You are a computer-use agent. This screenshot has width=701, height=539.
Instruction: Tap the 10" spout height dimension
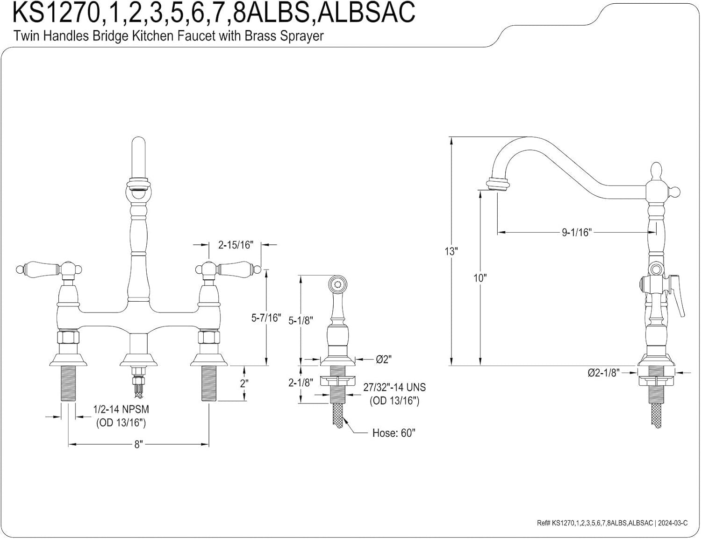(x=480, y=278)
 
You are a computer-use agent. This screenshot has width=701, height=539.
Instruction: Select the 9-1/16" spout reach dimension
(x=577, y=232)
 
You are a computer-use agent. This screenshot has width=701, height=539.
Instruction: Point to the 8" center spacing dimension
(x=138, y=444)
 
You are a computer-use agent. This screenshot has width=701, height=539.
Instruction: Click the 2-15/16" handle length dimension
(x=236, y=244)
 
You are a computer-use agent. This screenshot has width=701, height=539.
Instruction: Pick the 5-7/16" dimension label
(x=266, y=318)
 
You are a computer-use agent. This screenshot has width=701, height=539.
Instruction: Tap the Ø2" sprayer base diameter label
(x=383, y=359)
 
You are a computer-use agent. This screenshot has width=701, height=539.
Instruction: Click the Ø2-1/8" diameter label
(x=603, y=372)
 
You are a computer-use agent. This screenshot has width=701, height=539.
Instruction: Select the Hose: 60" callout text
(x=393, y=433)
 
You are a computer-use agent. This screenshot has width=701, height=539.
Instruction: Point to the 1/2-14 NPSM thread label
(x=121, y=409)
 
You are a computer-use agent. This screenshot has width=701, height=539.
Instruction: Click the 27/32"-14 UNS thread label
(x=394, y=388)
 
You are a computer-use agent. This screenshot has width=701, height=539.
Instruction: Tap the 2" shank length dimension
(x=244, y=383)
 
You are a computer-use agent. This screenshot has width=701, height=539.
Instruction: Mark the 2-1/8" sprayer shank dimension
(x=300, y=383)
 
